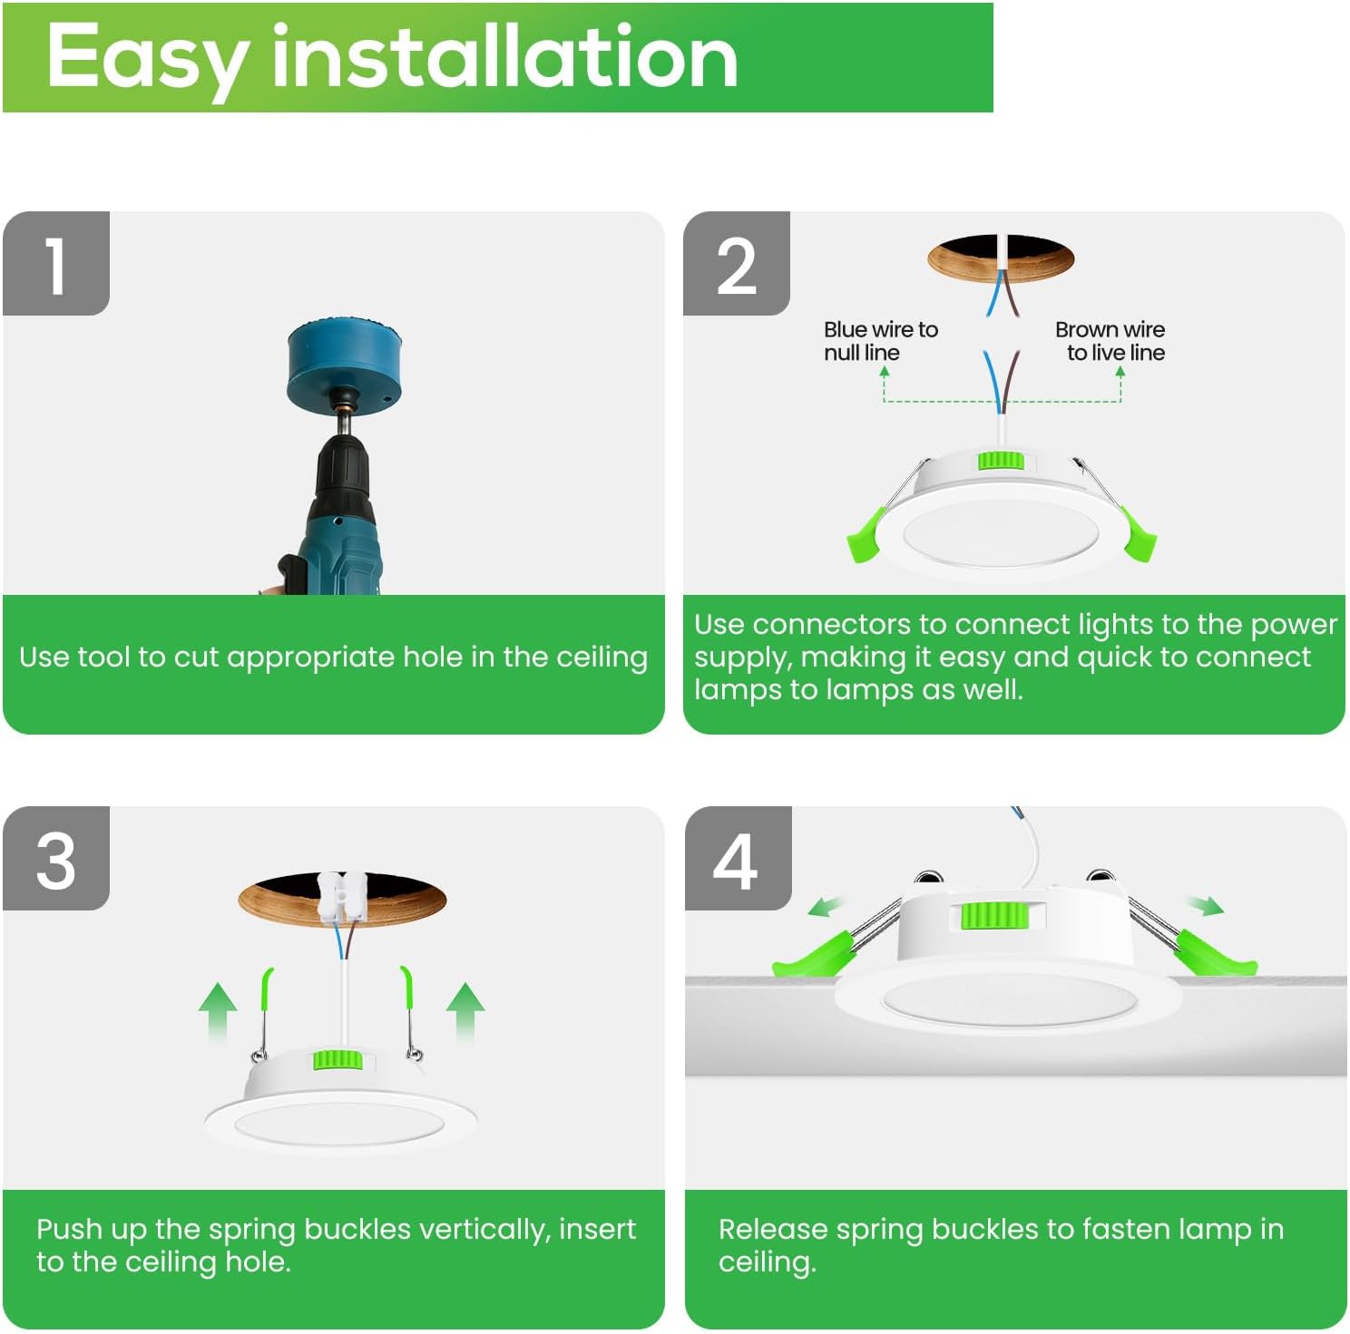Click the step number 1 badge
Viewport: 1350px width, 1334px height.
(x=56, y=264)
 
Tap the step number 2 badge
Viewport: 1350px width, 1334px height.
(x=736, y=264)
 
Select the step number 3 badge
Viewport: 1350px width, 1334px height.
(x=56, y=859)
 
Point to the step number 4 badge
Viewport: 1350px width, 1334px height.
(x=737, y=859)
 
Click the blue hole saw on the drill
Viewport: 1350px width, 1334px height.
(x=344, y=363)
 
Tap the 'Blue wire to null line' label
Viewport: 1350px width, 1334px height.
(x=880, y=341)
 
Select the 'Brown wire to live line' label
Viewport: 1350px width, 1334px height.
(x=1111, y=341)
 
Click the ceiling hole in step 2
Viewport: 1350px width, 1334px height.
(x=1000, y=258)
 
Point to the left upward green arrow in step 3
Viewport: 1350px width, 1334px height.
(x=218, y=1011)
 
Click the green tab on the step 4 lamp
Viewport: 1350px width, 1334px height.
(x=993, y=915)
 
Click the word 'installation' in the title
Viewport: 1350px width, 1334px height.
(x=504, y=57)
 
